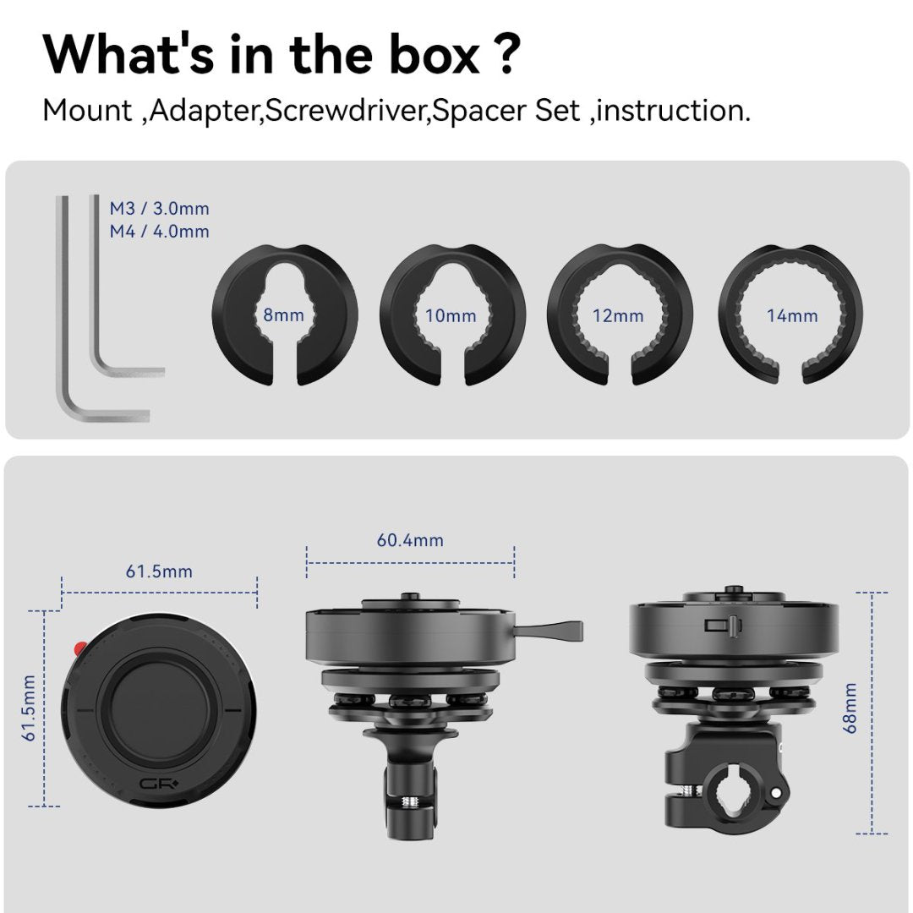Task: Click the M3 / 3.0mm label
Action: (159, 208)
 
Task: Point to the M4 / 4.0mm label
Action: (159, 231)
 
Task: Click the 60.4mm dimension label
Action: (410, 540)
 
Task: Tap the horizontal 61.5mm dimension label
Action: (159, 571)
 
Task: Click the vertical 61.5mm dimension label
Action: (29, 708)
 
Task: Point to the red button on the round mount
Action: (79, 648)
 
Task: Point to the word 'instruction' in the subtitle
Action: (673, 111)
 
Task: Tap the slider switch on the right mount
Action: (721, 626)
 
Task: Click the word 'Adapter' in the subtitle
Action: (203, 111)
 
